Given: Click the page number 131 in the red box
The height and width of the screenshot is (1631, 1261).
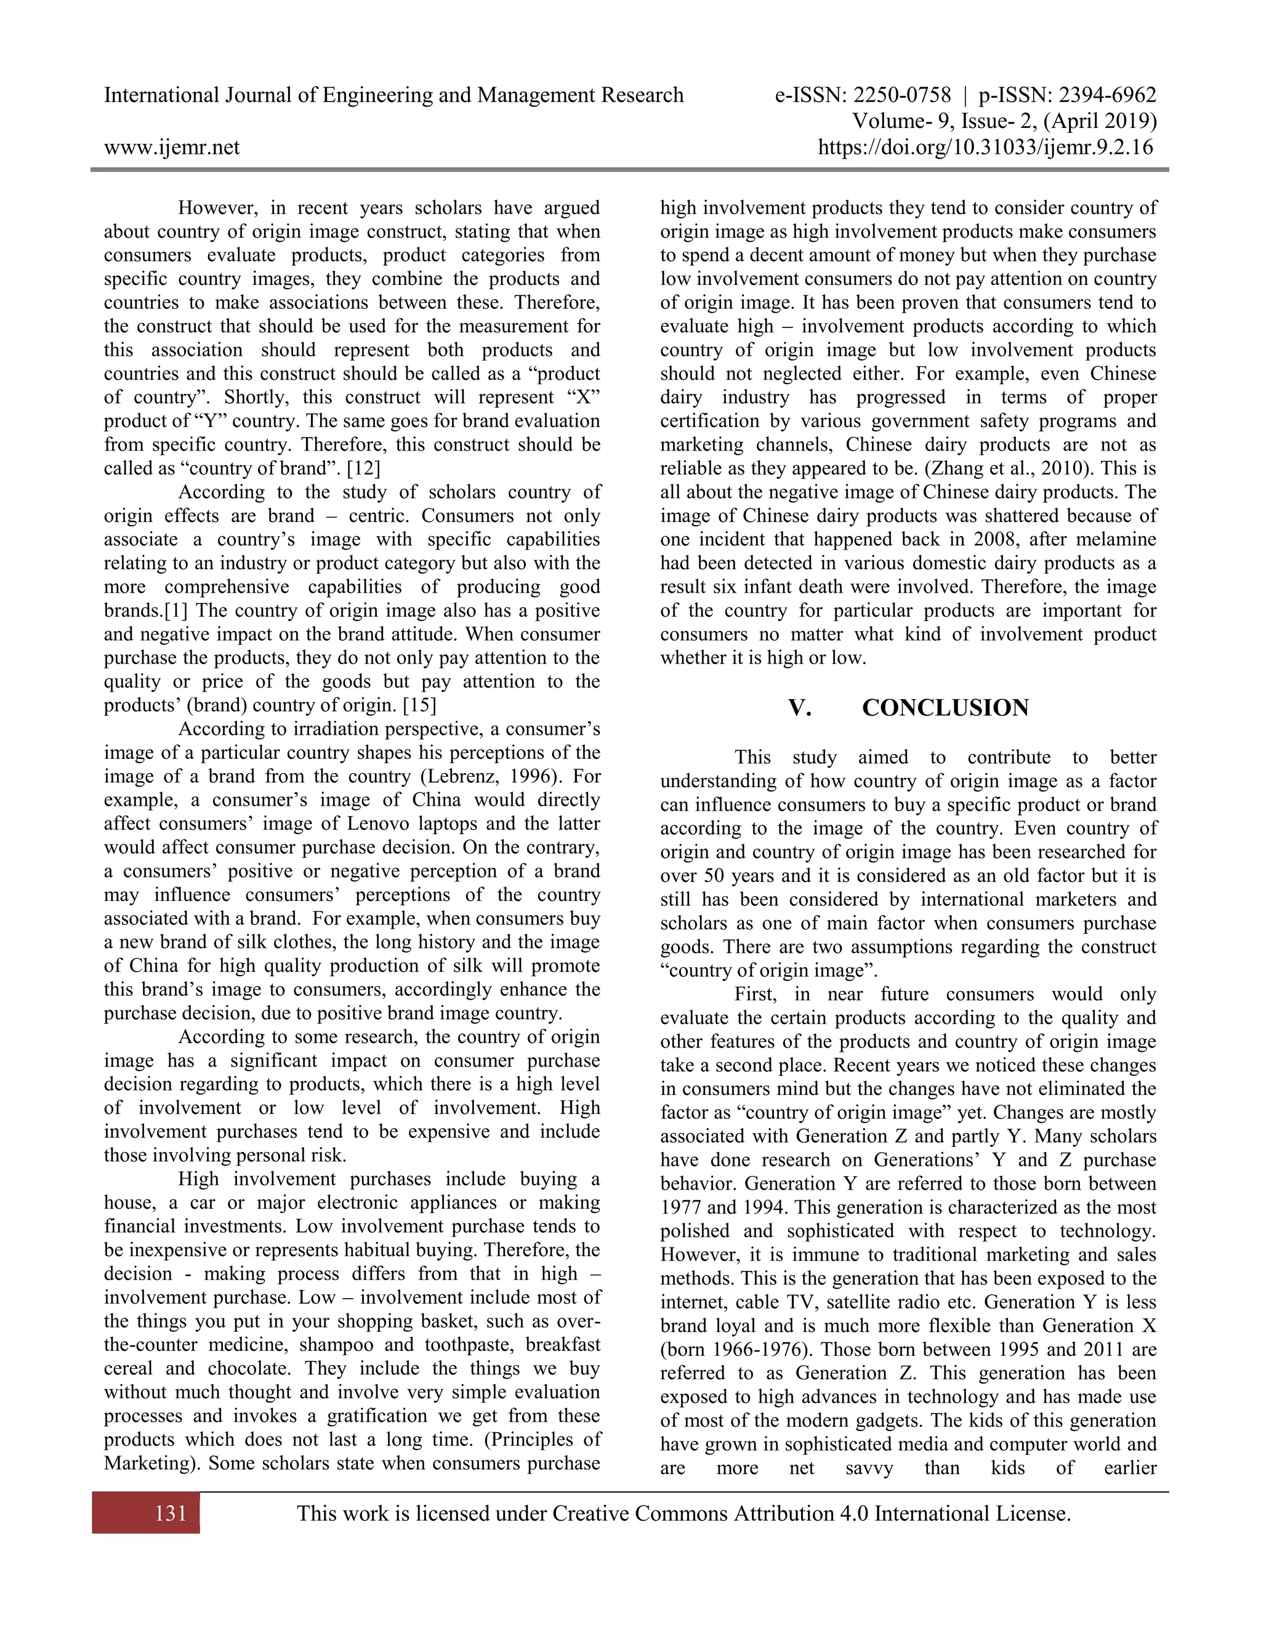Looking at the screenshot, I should [x=171, y=1513].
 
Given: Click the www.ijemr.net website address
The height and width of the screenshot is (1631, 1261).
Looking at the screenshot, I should [x=172, y=147].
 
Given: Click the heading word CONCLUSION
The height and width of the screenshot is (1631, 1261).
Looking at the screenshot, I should [x=945, y=708].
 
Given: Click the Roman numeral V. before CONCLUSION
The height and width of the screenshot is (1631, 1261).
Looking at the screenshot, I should [x=799, y=708].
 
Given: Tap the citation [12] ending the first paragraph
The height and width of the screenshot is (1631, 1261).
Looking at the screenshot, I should [x=364, y=469].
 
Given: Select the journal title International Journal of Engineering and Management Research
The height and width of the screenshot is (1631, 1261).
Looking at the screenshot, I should [x=393, y=95].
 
